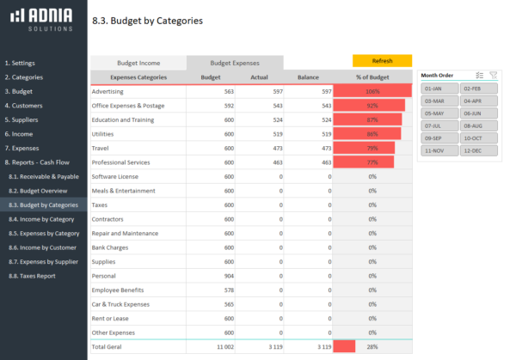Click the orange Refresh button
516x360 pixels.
382,61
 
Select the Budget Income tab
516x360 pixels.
138,63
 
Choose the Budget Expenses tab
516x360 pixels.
235,63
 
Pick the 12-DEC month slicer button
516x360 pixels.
478,149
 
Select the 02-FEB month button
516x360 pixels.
478,88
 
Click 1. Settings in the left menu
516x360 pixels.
20,63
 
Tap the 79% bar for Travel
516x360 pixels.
364,148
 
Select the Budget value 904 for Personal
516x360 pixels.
228,276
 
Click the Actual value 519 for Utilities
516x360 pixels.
274,134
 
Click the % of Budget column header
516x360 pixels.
372,77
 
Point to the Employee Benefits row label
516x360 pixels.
118,290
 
